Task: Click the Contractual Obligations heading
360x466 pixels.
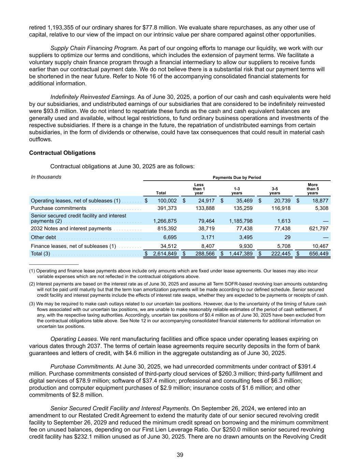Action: point(62,153)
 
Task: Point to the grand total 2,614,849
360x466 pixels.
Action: point(165,254)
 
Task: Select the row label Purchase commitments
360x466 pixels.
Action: point(58,208)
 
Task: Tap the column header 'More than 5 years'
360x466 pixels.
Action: point(313,189)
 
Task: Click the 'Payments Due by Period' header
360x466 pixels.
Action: point(237,178)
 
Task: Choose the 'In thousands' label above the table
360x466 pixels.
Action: point(46,177)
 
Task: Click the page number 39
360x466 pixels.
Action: point(180,455)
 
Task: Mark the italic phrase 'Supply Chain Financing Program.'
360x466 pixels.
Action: point(94,48)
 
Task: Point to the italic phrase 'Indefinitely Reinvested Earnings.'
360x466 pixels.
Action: point(93,97)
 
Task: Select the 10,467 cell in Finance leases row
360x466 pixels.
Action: point(320,246)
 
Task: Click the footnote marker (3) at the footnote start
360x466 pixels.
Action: point(32,304)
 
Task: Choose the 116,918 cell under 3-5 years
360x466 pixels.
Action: point(281,208)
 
